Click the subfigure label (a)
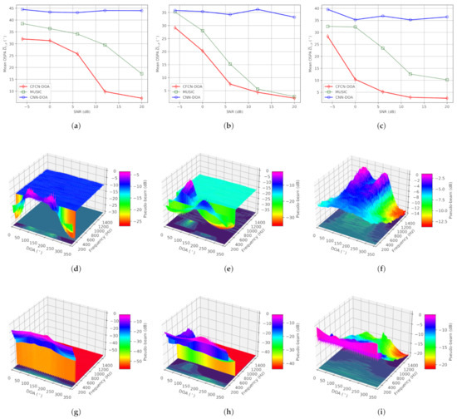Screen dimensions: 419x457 [76, 126]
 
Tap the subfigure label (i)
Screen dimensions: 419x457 [381, 412]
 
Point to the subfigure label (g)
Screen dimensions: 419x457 [76, 412]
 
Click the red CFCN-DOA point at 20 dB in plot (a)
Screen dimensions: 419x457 [142, 98]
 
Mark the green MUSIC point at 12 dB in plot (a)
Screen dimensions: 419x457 [105, 45]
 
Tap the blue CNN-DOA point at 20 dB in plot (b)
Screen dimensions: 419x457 [294, 17]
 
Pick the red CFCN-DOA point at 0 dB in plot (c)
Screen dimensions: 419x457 [356, 80]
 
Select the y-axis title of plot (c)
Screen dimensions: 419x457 [310, 55]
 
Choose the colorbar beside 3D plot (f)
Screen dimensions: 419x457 [427, 195]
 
